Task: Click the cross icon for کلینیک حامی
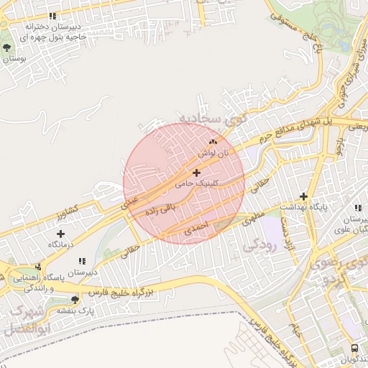coord(196,172)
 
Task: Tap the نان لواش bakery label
coord(213,154)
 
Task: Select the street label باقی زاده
coord(160,209)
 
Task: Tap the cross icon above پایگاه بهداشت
coord(304,196)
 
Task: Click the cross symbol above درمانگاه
coord(60,234)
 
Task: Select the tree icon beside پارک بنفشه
coord(75,299)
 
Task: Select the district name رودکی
coord(259,245)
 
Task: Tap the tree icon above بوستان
coord(7,48)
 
